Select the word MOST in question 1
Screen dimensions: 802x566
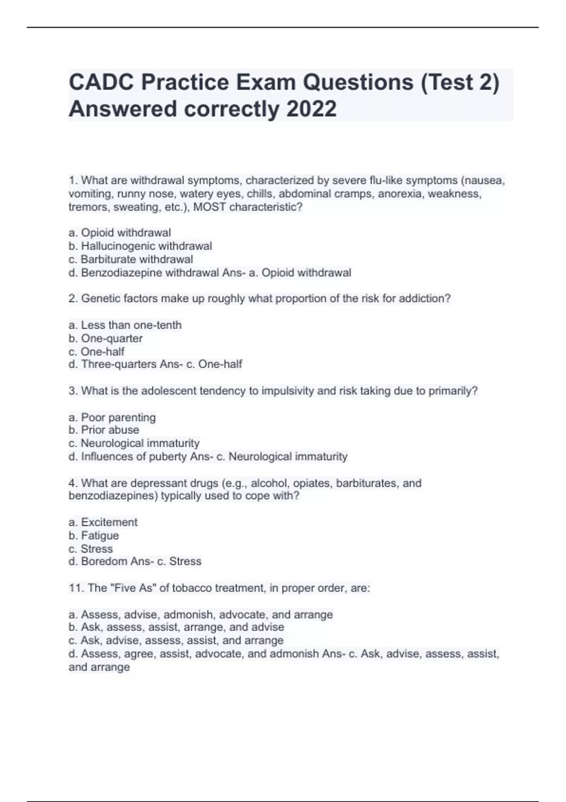(209, 207)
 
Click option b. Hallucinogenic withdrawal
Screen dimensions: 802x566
(140, 246)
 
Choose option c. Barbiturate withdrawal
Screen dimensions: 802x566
(131, 259)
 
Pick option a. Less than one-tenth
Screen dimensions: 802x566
(125, 325)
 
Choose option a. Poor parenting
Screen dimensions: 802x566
(112, 418)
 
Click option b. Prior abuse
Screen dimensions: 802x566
(104, 430)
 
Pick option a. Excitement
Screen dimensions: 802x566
(103, 522)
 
